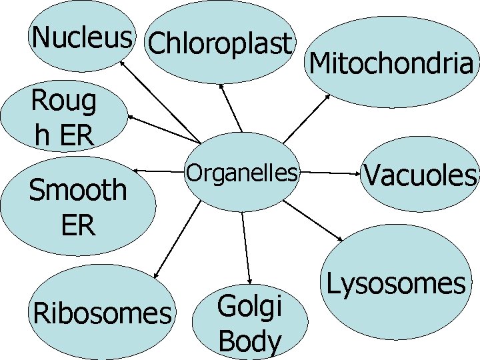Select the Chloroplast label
(x=221, y=44)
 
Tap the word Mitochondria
(x=392, y=65)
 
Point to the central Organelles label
(x=241, y=173)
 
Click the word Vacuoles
(x=420, y=176)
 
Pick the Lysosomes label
(x=396, y=284)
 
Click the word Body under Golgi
(x=250, y=341)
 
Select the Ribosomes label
(x=102, y=313)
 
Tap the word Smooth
(x=77, y=190)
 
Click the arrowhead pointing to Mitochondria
(x=328, y=95)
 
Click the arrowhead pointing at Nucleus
(x=121, y=61)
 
